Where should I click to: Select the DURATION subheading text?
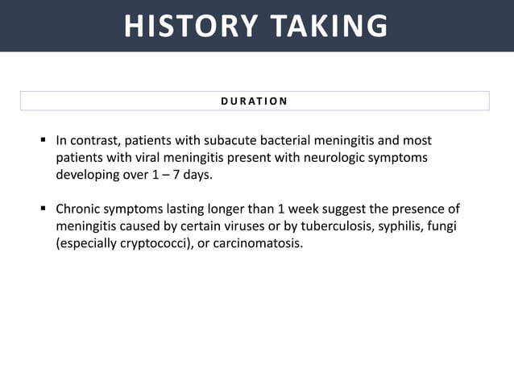(x=255, y=101)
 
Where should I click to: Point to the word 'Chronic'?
(x=79, y=209)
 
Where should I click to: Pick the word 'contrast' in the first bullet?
(x=94, y=140)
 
